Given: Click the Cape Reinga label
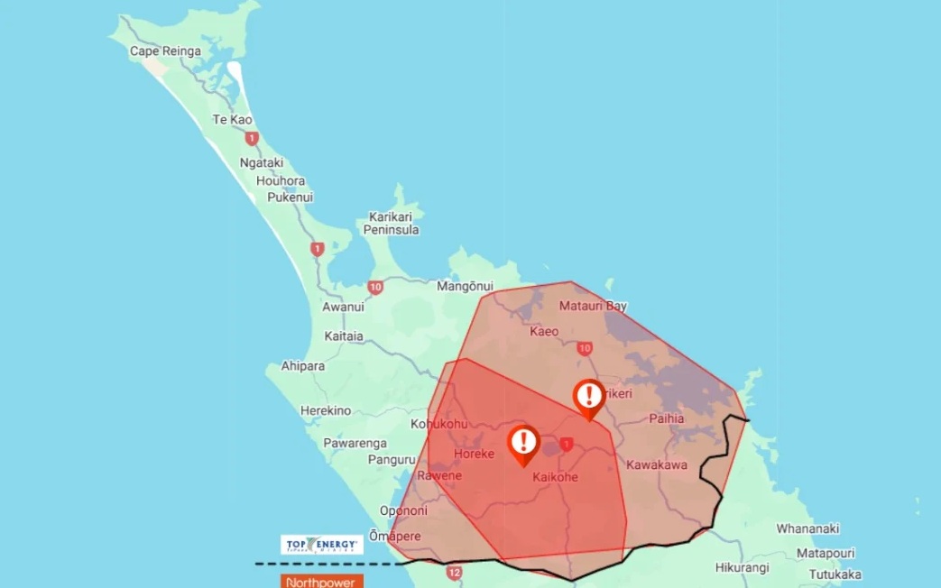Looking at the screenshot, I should [x=165, y=51].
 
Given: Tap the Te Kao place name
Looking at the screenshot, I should [x=232, y=120].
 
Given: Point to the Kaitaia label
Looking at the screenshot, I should [x=344, y=336].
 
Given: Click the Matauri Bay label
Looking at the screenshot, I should [x=593, y=306].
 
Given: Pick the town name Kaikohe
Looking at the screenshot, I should [x=555, y=477].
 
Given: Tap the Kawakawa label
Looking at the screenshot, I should [x=656, y=465].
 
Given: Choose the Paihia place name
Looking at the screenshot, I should [x=666, y=418].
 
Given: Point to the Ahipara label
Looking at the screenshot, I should [x=303, y=366].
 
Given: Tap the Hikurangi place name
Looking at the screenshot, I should [x=742, y=567].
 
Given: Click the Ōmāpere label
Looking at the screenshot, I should [x=395, y=535].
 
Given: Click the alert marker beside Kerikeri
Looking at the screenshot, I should [x=589, y=397].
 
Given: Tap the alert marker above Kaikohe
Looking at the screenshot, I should [x=523, y=443].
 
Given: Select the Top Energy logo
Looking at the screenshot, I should [x=322, y=544].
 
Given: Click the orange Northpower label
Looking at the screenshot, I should [x=322, y=582].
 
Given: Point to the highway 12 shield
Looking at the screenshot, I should [x=453, y=572].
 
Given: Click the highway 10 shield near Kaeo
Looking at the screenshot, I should [x=585, y=348].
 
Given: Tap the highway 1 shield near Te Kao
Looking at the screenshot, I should [x=252, y=139].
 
